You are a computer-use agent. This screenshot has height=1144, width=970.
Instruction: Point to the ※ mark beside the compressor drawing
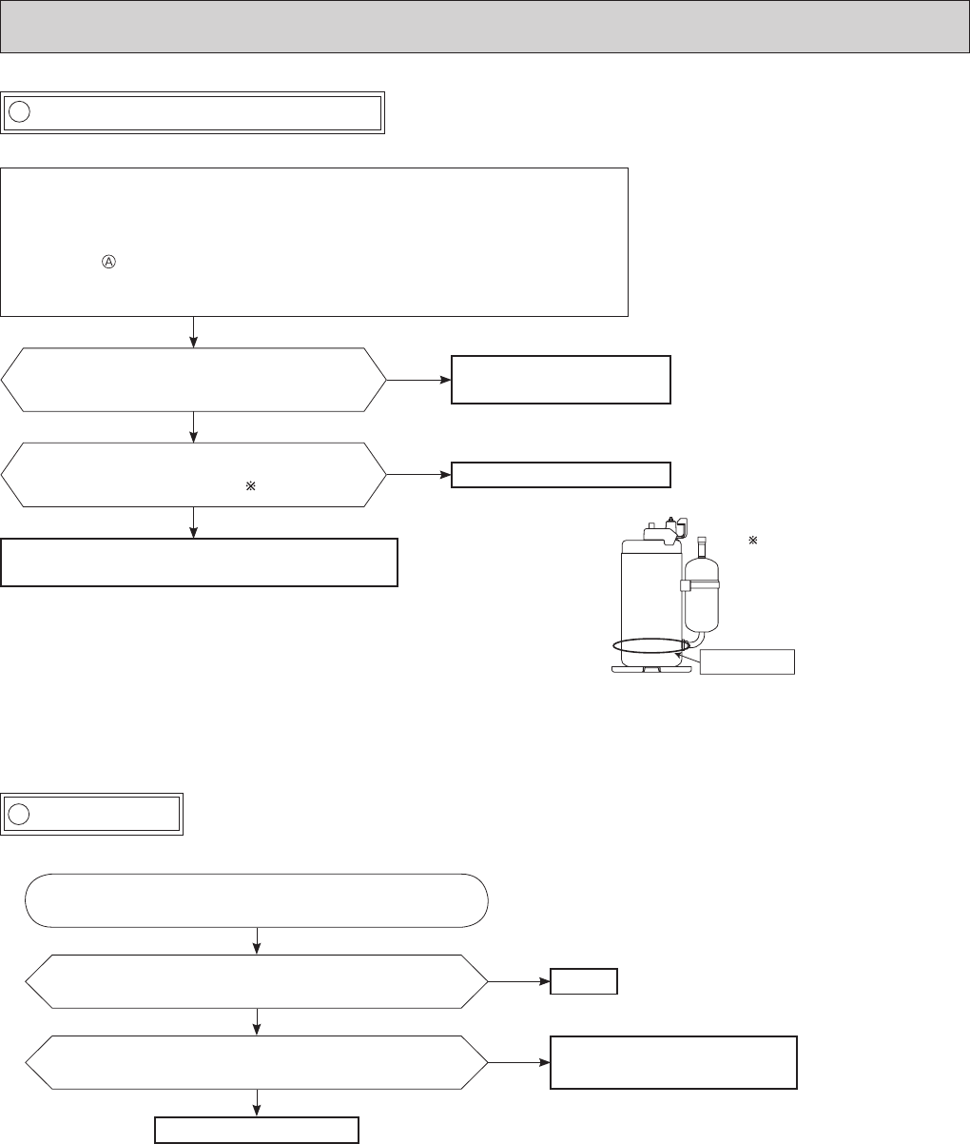tap(751, 541)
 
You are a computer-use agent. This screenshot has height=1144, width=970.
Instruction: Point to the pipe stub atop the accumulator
tap(703, 545)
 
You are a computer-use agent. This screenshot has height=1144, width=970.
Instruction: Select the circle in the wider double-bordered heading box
tap(19, 112)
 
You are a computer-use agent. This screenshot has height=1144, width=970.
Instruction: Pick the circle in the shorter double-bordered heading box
tap(19, 815)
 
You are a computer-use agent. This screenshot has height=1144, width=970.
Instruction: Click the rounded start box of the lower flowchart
tap(257, 899)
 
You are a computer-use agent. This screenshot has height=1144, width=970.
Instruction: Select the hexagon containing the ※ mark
tap(194, 474)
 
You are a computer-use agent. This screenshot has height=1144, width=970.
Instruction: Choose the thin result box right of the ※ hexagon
tap(561, 474)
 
